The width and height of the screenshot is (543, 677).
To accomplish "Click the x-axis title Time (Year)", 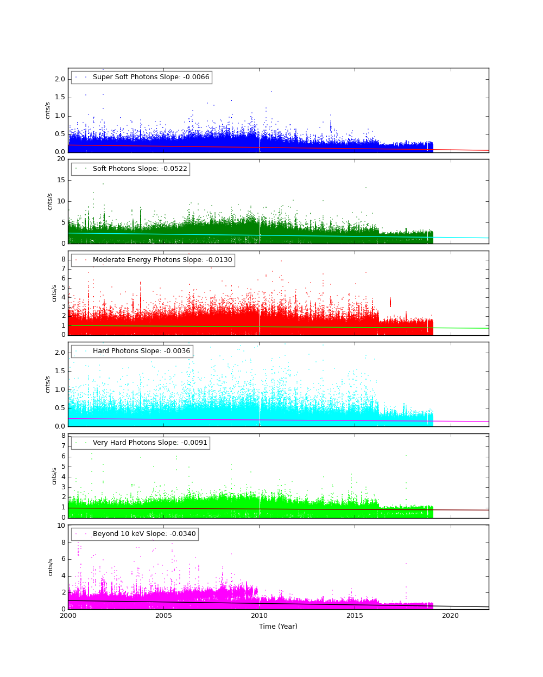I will [x=278, y=627].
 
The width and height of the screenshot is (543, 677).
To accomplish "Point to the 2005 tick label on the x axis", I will [x=163, y=616].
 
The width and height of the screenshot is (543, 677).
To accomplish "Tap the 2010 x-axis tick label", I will [x=259, y=616].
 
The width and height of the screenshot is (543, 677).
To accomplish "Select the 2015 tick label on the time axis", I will [x=355, y=616].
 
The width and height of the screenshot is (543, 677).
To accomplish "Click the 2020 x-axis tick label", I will [x=450, y=616].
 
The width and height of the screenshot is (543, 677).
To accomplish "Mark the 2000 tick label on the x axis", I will [x=68, y=616].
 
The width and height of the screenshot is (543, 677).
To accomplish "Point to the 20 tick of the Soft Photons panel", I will [x=61, y=159].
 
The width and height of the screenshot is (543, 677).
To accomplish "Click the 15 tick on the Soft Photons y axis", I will [x=61, y=180].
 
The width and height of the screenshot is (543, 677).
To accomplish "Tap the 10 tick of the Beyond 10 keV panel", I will [x=61, y=526].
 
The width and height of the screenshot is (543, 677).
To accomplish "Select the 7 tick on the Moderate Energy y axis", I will [x=63, y=269].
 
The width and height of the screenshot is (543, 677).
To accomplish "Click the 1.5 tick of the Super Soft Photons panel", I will [x=60, y=98].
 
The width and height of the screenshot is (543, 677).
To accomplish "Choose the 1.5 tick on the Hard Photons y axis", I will [x=60, y=371].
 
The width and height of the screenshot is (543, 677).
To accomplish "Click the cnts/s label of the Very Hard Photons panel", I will [x=54, y=476].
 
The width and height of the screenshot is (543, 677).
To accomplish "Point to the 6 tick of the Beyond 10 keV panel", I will [x=63, y=559].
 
